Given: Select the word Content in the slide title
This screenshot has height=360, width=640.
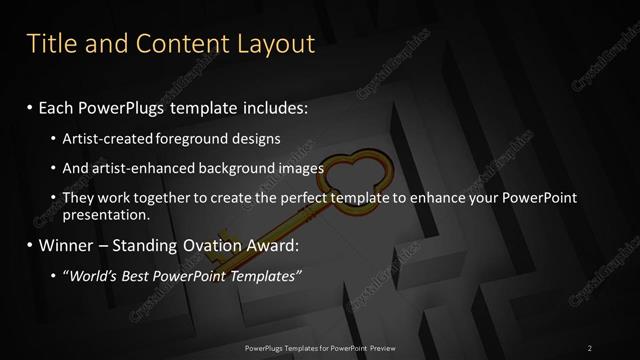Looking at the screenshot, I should coord(186,44).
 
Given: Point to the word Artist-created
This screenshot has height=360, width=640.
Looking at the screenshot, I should coord(105,138).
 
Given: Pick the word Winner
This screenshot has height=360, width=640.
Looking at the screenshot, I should coord(69,245).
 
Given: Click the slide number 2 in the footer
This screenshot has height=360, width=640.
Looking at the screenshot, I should coord(590,348).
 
